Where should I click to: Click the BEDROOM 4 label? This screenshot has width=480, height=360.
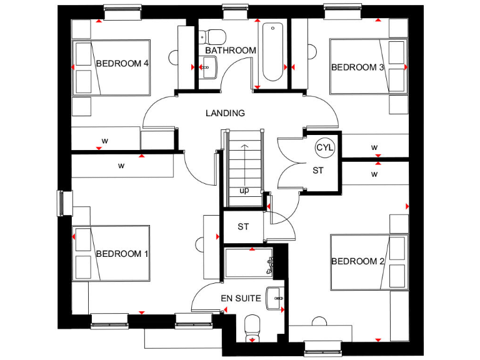(x=122, y=63)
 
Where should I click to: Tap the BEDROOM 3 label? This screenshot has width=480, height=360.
(x=357, y=67)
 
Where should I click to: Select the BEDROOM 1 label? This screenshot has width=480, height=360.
(x=122, y=254)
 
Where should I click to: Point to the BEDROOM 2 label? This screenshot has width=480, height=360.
(x=357, y=261)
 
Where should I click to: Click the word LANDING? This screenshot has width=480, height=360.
(x=225, y=113)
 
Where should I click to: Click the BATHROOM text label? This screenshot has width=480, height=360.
(x=230, y=50)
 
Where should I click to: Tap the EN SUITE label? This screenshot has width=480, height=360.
(x=240, y=299)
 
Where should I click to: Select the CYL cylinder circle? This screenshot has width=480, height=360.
(x=325, y=147)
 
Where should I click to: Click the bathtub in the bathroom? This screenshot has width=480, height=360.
(x=273, y=52)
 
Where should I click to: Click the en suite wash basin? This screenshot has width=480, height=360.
(x=275, y=298)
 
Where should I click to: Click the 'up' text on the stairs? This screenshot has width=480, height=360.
(x=244, y=191)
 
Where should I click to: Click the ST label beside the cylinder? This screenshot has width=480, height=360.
(x=317, y=171)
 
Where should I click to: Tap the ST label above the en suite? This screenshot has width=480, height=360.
(x=243, y=227)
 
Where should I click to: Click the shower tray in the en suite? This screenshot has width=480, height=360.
(x=248, y=263)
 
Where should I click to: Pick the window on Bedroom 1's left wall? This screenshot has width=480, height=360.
(x=61, y=202)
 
